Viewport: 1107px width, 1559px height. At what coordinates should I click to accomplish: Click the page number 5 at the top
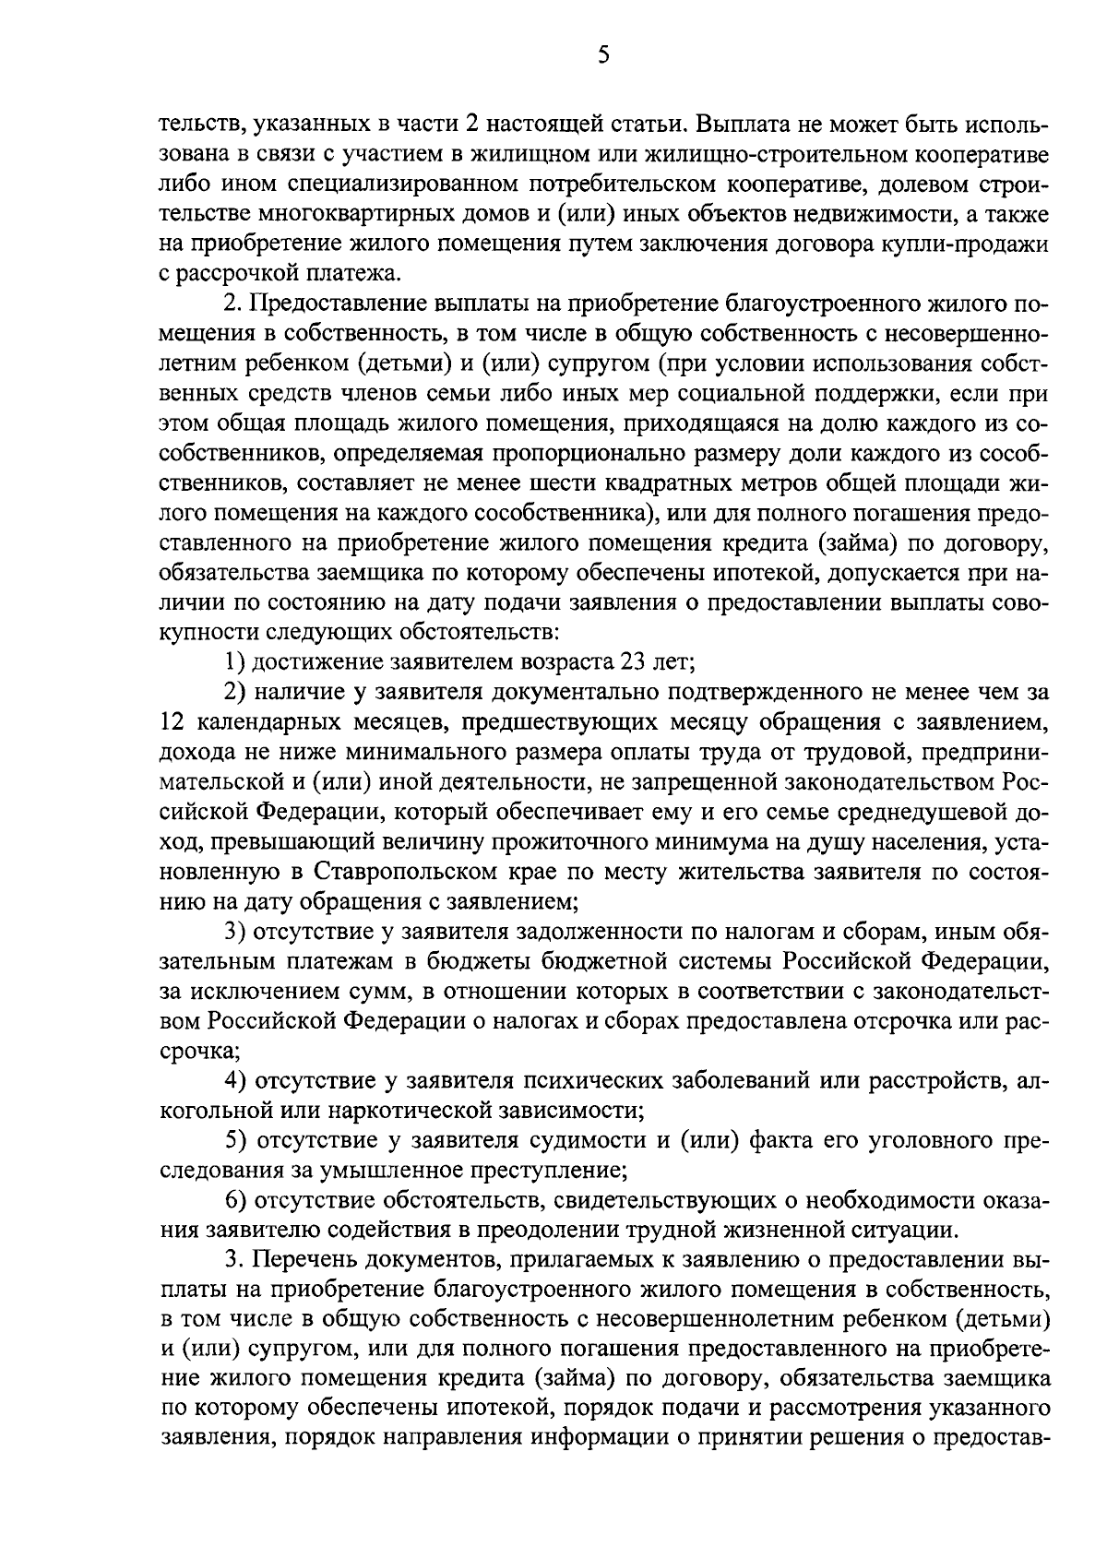(x=604, y=55)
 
